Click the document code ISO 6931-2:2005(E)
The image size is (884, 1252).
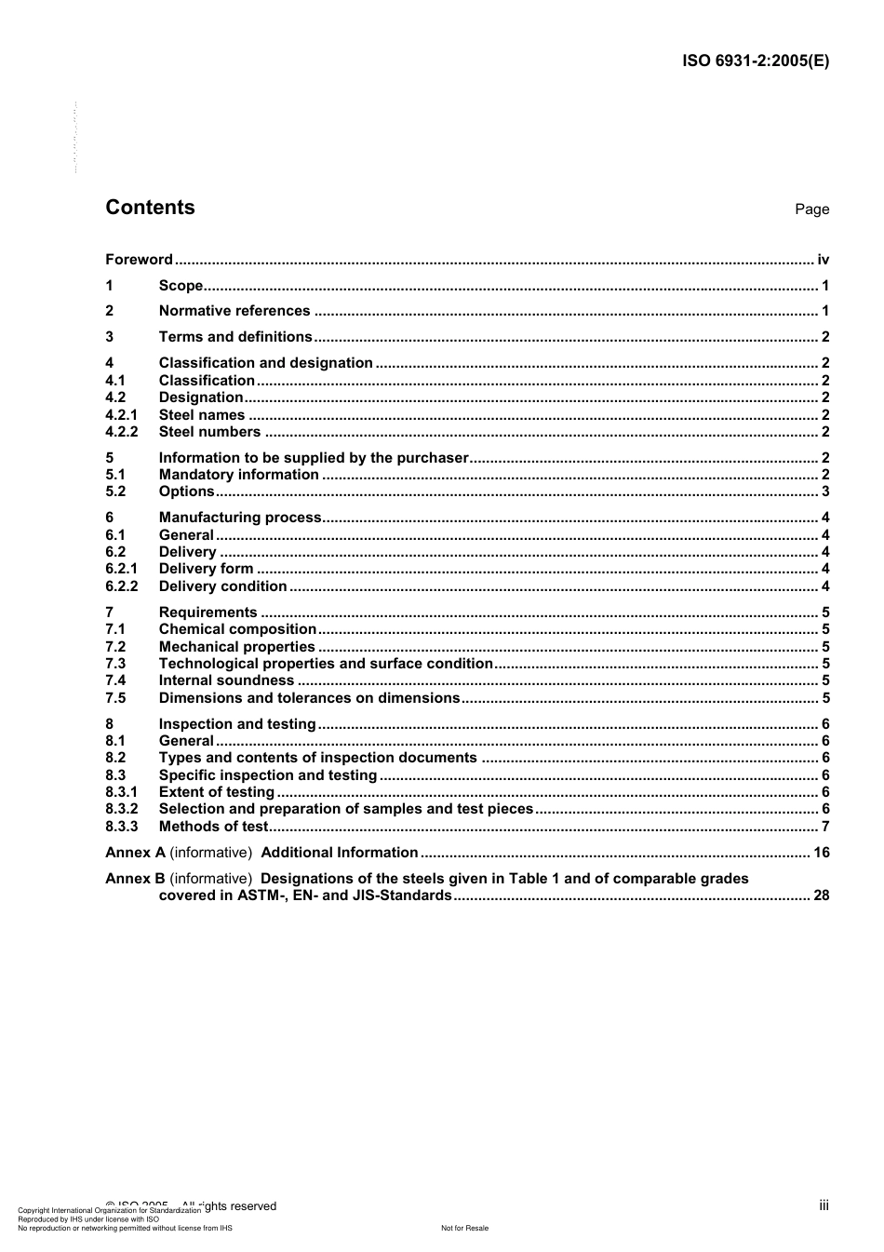tap(756, 61)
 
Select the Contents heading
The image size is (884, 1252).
tap(150, 208)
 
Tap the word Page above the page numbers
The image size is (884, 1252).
tap(811, 209)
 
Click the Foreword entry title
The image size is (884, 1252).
tap(139, 260)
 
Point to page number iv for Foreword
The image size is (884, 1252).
tap(823, 260)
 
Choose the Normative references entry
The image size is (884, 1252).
tap(234, 311)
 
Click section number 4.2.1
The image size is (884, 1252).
tap(121, 415)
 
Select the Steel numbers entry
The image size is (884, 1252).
tap(209, 432)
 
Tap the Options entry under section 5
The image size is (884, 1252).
tap(186, 491)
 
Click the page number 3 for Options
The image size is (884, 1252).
tap(825, 491)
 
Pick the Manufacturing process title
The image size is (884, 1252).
tap(240, 518)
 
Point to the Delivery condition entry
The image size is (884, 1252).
tap(222, 586)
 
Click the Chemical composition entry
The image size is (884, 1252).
tap(237, 629)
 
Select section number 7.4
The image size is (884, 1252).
tap(115, 680)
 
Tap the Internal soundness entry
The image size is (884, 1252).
tap(226, 680)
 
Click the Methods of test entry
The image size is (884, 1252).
tap(213, 827)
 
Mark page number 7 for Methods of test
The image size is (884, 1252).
tap(825, 827)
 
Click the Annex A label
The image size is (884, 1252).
tap(135, 853)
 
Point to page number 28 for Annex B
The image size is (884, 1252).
tap(821, 895)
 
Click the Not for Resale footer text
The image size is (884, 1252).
tap(464, 1228)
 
